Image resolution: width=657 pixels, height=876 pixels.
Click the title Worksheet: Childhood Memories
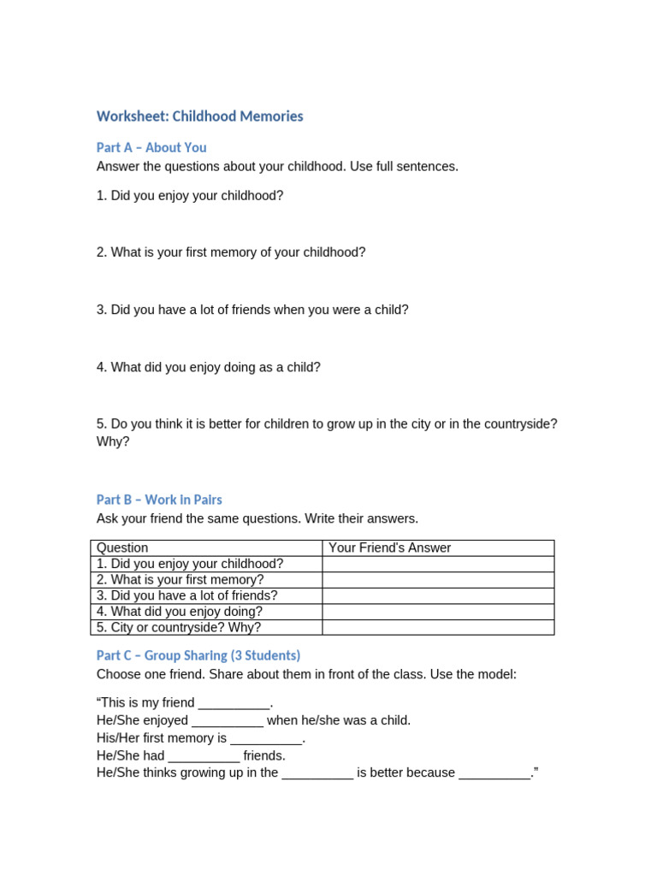(x=199, y=116)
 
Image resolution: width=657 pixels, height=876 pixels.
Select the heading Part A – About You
(x=151, y=147)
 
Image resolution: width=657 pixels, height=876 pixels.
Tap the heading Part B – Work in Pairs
(x=159, y=500)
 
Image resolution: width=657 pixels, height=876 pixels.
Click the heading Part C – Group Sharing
(x=198, y=655)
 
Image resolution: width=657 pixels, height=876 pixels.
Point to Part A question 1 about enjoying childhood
(x=190, y=196)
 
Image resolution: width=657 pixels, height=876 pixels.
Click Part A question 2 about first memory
(x=231, y=252)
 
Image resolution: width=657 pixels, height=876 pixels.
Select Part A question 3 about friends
(x=252, y=310)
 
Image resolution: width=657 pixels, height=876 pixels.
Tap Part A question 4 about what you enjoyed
(x=209, y=367)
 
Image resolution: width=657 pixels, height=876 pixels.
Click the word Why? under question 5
(x=113, y=441)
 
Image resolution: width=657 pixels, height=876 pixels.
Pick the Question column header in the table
(x=122, y=547)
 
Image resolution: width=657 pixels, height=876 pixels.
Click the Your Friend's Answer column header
(x=389, y=547)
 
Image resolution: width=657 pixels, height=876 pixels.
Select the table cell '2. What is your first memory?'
(x=181, y=580)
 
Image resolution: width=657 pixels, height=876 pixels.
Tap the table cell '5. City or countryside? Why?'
(x=182, y=628)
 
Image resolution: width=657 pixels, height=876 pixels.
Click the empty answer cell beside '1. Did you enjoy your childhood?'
(x=437, y=564)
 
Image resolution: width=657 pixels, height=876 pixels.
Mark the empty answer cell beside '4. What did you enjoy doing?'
(x=437, y=612)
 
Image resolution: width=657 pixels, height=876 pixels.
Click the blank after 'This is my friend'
(x=234, y=703)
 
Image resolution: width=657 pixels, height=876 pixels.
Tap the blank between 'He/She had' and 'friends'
(x=204, y=756)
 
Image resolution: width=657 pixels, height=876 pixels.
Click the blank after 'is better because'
(x=494, y=773)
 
